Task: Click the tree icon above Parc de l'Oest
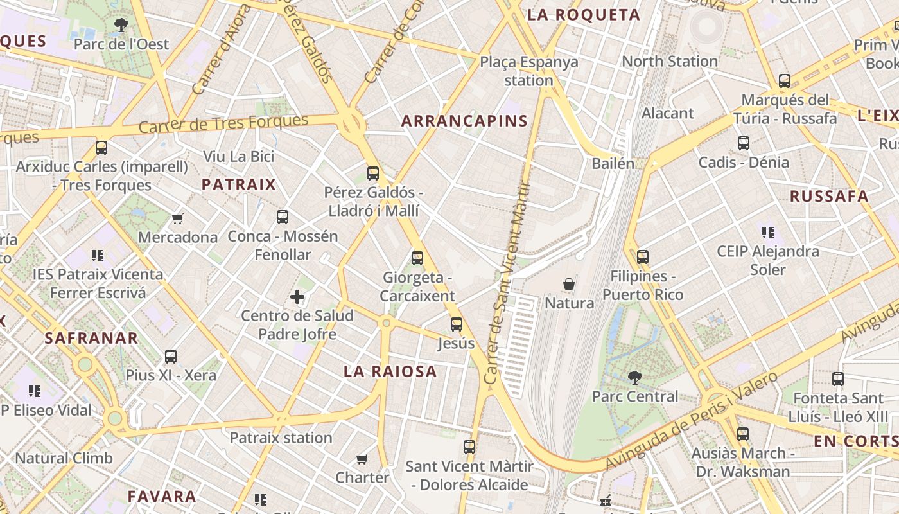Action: point(120,25)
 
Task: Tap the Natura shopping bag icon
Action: point(568,284)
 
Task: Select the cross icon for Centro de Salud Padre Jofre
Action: point(297,297)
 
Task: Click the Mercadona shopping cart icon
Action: point(178,218)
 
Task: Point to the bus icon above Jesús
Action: point(457,324)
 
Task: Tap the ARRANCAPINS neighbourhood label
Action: point(464,121)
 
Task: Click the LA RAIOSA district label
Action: point(390,371)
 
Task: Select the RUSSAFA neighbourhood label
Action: point(829,197)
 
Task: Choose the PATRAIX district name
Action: point(238,185)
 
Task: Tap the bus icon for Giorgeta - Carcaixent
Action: point(417,258)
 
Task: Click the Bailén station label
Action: point(613,163)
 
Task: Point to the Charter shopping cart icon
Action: point(362,459)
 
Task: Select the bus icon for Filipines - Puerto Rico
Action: point(643,257)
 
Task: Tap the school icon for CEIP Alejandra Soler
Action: point(767,232)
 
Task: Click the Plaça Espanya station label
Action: point(528,71)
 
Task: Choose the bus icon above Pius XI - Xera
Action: point(171,356)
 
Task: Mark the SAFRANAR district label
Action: point(91,338)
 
